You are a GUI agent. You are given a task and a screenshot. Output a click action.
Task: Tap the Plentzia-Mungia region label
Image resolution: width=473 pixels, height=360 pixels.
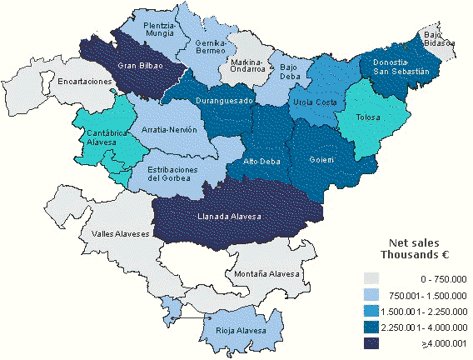[x=159, y=30]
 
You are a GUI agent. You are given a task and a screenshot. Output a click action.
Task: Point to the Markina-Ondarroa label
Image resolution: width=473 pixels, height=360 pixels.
[x=247, y=66]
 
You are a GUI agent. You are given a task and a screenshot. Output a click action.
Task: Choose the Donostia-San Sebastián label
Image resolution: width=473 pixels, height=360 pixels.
[x=401, y=67]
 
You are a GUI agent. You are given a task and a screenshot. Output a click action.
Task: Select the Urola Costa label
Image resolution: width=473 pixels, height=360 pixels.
[x=315, y=102]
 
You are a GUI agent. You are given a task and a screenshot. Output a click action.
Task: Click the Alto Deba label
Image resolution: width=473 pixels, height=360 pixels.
[x=261, y=161]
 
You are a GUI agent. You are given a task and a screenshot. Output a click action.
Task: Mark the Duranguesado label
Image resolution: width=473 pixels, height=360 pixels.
[x=224, y=100]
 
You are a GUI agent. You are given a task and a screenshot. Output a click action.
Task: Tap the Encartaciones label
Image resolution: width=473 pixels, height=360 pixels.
[x=84, y=82]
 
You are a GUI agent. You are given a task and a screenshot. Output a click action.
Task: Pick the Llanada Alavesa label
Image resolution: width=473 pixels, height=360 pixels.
[x=230, y=217]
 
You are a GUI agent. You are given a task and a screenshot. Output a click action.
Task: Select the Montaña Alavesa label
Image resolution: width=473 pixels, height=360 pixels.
[x=266, y=274]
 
